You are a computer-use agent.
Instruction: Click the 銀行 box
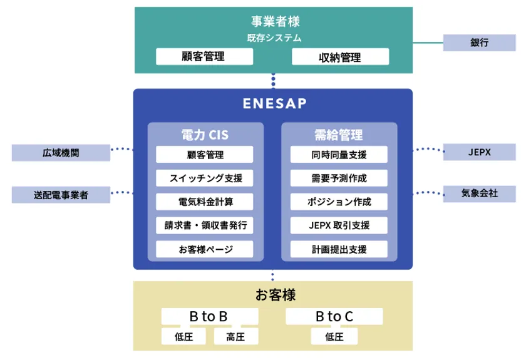pyautogui.click(x=480, y=43)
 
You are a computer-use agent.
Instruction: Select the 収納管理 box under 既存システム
pyautogui.click(x=340, y=57)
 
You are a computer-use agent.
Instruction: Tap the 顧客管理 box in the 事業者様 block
pyautogui.click(x=204, y=56)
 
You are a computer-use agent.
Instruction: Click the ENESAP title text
pyautogui.click(x=273, y=103)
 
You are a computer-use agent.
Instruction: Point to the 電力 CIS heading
pyautogui.click(x=205, y=135)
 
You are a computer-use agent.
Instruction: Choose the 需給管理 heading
pyautogui.click(x=339, y=135)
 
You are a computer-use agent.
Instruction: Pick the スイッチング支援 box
pyautogui.click(x=205, y=178)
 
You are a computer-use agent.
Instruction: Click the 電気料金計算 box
pyautogui.click(x=205, y=202)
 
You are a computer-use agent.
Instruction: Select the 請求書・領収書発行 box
pyautogui.click(x=205, y=225)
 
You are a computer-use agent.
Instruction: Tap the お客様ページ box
pyautogui.click(x=205, y=249)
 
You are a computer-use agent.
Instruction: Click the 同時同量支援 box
pyautogui.click(x=339, y=154)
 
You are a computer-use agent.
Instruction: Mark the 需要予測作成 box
pyautogui.click(x=339, y=178)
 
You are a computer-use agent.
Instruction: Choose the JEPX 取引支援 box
pyautogui.click(x=339, y=225)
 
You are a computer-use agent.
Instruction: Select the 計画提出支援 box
pyautogui.click(x=339, y=249)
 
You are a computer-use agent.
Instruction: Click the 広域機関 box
pyautogui.click(x=61, y=152)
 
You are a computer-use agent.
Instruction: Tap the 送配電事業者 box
pyautogui.click(x=61, y=195)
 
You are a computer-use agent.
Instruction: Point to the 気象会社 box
pyautogui.click(x=480, y=193)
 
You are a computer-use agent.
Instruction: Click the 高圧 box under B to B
pyautogui.click(x=235, y=337)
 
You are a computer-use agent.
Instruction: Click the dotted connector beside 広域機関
pyautogui.click(x=122, y=150)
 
